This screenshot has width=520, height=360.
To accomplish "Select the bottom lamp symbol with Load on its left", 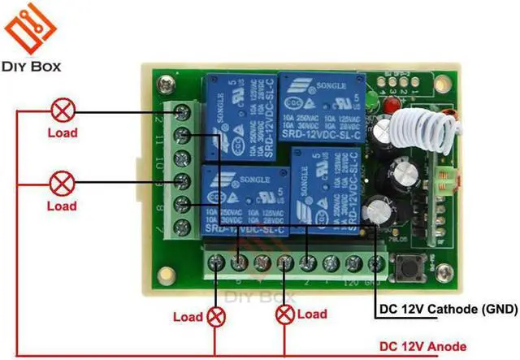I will pos(215,314).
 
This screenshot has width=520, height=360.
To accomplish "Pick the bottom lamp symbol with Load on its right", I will pos(284,314).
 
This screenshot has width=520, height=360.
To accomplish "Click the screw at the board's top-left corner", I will pos(167,83).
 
